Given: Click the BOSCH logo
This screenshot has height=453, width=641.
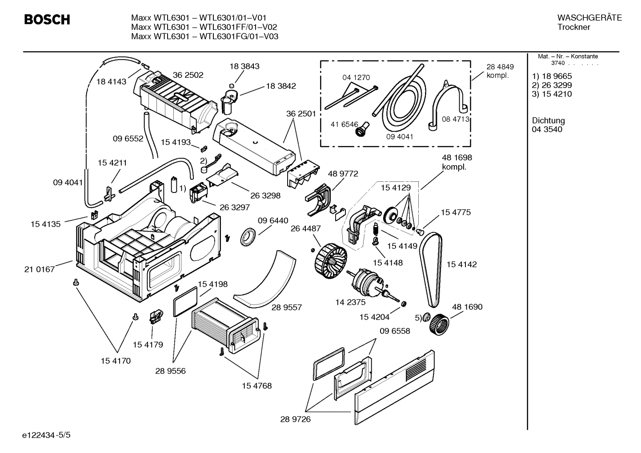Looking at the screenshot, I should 47,20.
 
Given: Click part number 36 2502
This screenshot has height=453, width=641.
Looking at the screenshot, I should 188,75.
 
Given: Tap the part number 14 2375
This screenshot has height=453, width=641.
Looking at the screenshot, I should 350,302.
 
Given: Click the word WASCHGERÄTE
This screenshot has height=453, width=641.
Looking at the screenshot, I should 589,18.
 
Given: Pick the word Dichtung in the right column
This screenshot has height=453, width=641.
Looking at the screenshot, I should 548,120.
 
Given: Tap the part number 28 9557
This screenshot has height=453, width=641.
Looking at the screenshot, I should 287,307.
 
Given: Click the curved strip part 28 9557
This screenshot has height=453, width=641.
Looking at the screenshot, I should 267,280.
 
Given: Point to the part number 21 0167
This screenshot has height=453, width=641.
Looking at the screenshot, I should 40,269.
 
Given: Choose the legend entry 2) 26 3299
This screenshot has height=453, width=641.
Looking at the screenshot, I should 552,85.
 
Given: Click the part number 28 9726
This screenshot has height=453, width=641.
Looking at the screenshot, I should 296,419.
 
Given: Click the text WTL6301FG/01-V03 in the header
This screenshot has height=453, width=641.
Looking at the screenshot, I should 239,36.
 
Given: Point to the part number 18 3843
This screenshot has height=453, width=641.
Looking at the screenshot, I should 244,66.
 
